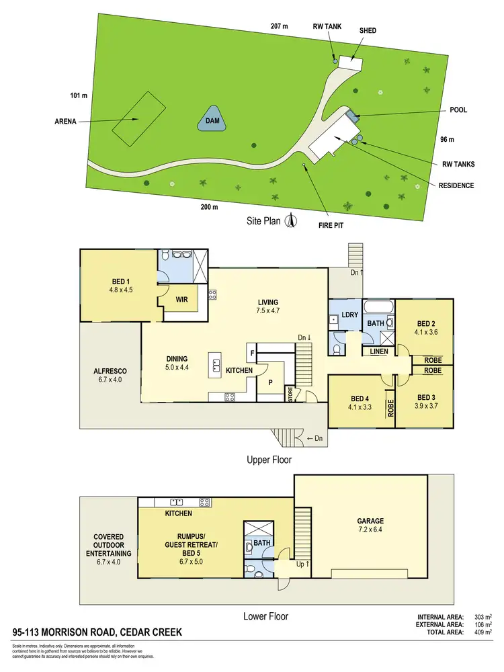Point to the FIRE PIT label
pyautogui.click(x=331, y=225)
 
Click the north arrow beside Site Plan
pyautogui.click(x=291, y=220)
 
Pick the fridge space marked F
pyautogui.click(x=252, y=351)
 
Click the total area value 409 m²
pyautogui.click(x=484, y=632)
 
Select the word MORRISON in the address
pyautogui.click(x=79, y=633)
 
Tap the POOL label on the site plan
pyautogui.click(x=458, y=110)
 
